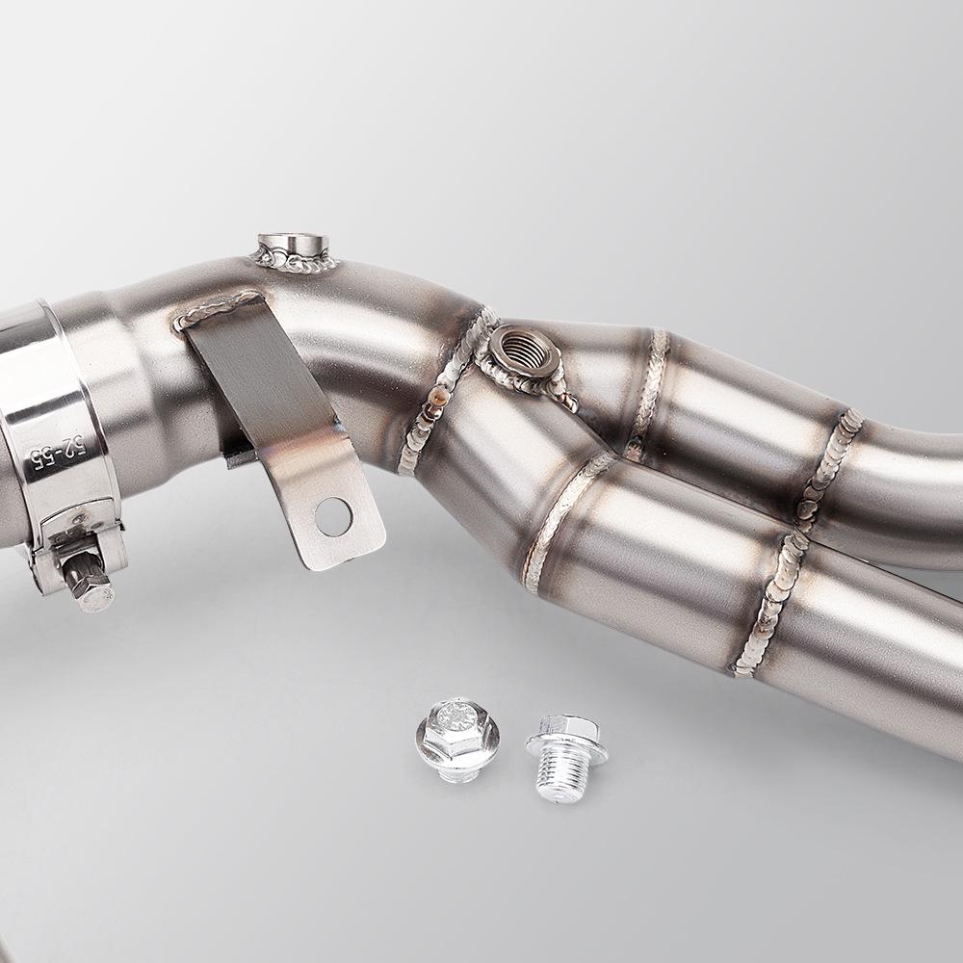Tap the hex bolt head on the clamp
(87, 584)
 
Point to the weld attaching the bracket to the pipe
(220, 309)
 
